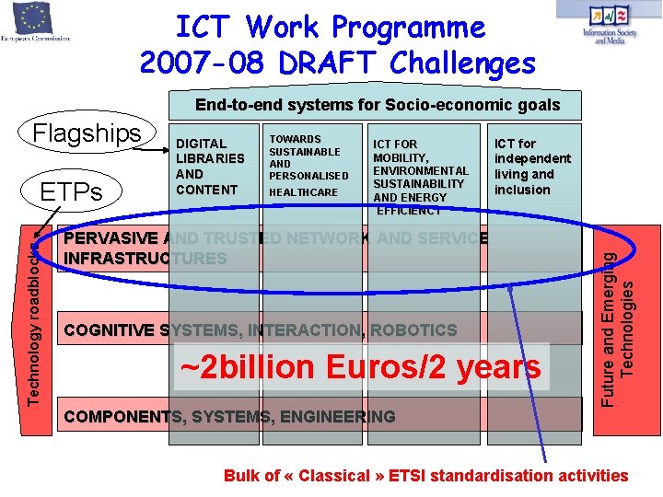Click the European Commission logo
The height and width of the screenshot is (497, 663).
(37, 23)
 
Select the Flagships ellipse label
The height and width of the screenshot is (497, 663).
(87, 133)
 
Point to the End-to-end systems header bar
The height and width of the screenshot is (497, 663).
(377, 104)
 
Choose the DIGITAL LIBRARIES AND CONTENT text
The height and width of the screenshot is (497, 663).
(210, 166)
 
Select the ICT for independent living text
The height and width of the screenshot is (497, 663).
(532, 167)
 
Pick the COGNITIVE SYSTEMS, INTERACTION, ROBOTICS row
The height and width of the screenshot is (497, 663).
(260, 330)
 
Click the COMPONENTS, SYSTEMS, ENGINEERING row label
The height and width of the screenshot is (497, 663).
(229, 417)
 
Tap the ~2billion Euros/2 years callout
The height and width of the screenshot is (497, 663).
(360, 367)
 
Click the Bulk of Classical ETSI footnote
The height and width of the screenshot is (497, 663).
(425, 476)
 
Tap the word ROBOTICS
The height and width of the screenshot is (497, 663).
(413, 330)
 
